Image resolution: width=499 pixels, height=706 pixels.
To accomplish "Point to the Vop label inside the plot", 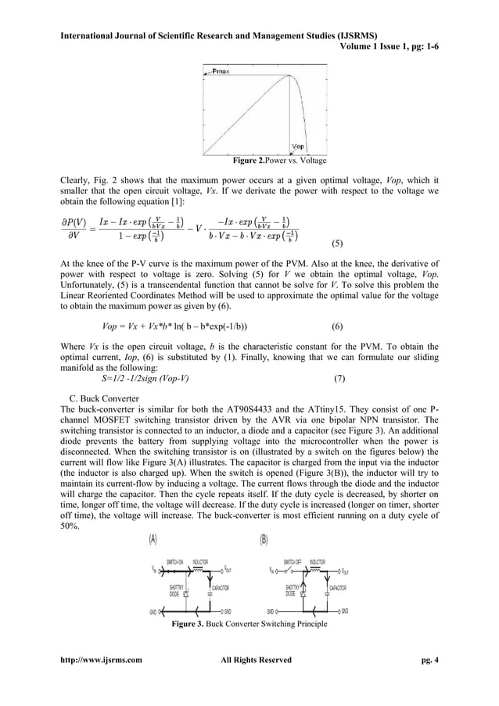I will click(x=298, y=146).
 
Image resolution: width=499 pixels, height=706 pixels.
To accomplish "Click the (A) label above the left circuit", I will click(x=153, y=539).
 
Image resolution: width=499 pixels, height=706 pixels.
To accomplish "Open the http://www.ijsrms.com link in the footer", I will click(x=96, y=660).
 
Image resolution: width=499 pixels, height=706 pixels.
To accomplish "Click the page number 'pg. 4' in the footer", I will click(x=429, y=660).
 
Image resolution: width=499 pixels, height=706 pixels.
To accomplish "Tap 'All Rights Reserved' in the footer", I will click(x=257, y=660).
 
